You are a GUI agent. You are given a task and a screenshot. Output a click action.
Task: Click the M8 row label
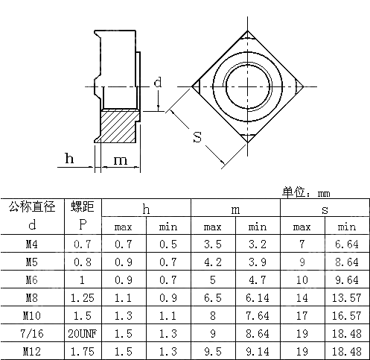tap(31, 297)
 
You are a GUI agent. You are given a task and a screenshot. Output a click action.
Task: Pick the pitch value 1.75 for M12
tap(82, 350)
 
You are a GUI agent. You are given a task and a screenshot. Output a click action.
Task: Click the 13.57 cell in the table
tap(346, 297)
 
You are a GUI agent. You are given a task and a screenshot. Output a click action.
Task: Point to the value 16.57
tap(346, 315)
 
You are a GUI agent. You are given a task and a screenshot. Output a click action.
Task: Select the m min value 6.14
tap(258, 297)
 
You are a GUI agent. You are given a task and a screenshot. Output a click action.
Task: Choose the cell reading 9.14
tap(258, 350)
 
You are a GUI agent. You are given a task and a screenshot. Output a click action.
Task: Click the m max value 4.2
tap(213, 262)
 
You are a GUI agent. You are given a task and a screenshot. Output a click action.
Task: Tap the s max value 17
tap(302, 315)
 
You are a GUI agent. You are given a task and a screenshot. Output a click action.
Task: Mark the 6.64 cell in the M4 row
tap(346, 244)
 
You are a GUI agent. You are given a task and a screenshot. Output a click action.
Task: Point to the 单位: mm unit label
tap(305, 192)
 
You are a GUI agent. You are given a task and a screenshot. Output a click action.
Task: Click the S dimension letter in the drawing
tap(197, 137)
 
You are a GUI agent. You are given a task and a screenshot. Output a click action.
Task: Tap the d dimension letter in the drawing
tap(157, 82)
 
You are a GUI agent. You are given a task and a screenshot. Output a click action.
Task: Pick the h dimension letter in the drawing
tap(68, 158)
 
